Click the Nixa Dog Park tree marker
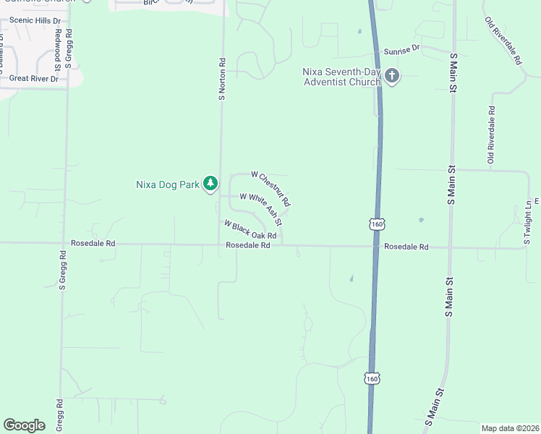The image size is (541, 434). tap(210, 184)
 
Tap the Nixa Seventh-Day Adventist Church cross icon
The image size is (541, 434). tap(392, 76)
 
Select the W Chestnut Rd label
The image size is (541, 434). tap(270, 187)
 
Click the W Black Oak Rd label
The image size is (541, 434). tap(250, 230)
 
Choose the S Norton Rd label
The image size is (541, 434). tap(223, 80)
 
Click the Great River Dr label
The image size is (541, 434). tap(34, 78)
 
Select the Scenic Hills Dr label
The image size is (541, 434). tap(30, 21)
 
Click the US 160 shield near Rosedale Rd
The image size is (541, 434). tap(376, 224)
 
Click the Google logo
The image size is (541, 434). tap(25, 425)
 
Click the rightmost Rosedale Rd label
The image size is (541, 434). tap(406, 247)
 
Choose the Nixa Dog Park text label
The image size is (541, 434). tap(168, 184)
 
